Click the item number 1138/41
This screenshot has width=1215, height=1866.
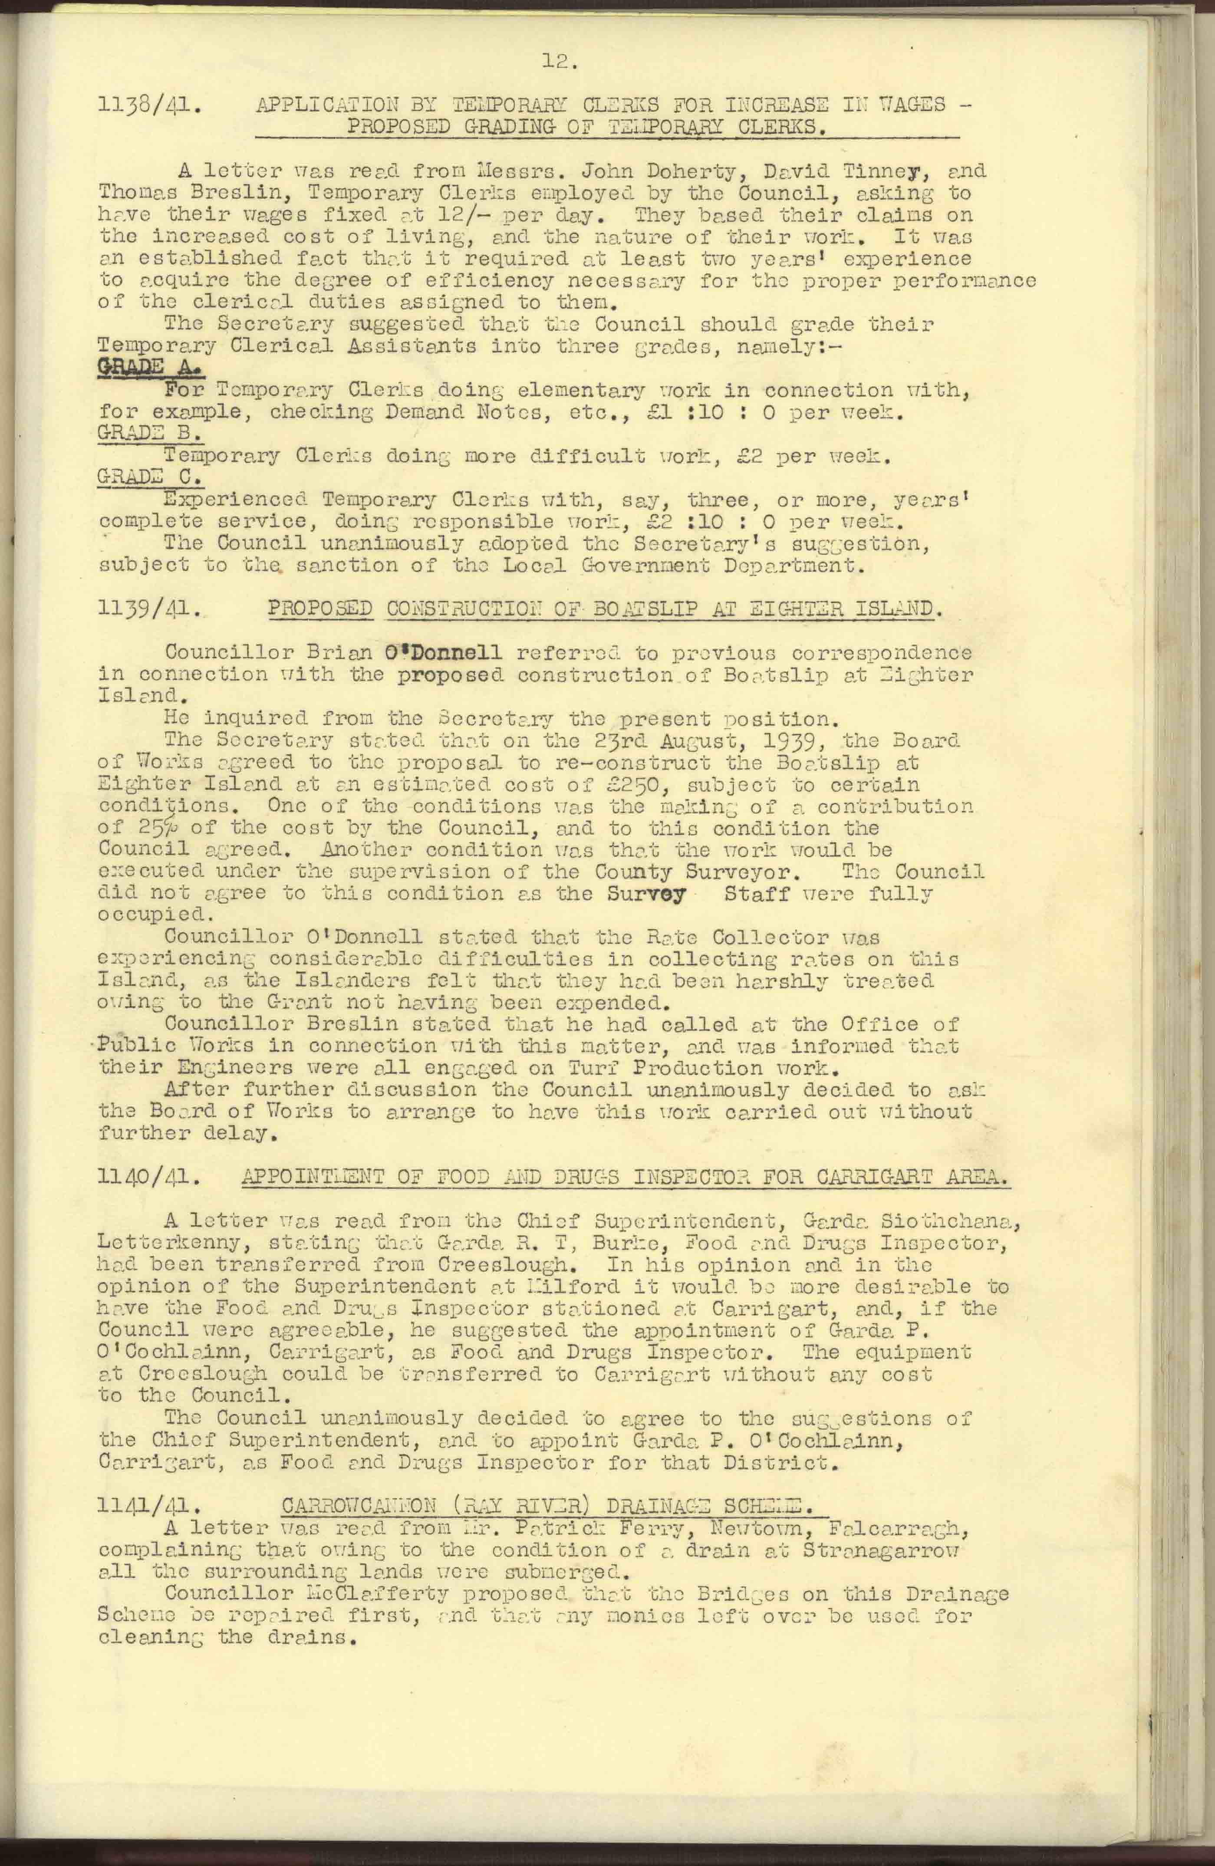(150, 106)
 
